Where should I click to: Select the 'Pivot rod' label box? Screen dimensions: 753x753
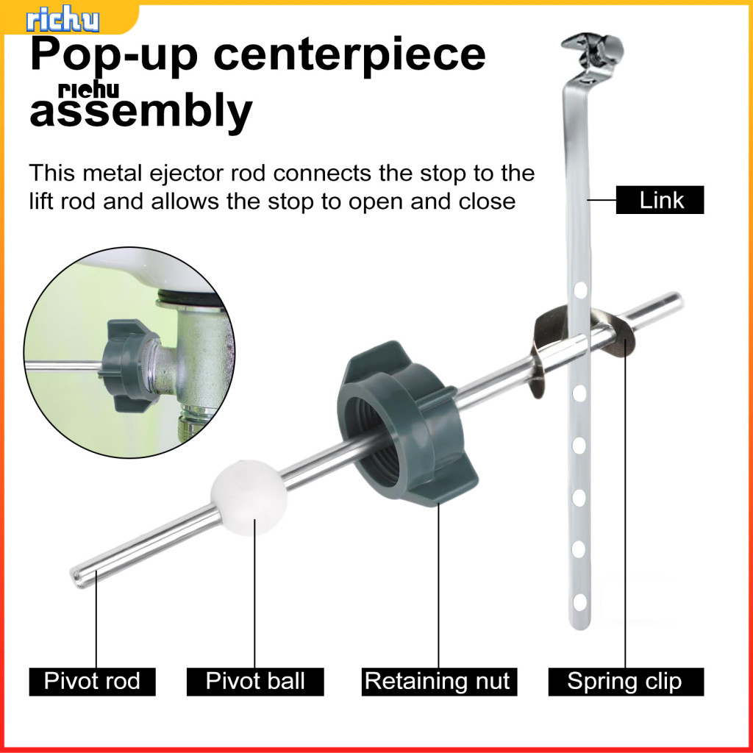(92, 681)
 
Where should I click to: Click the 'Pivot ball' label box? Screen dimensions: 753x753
(255, 681)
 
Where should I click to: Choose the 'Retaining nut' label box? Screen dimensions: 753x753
(438, 681)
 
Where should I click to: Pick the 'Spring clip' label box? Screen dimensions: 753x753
(625, 681)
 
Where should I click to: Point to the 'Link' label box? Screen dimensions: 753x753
(660, 200)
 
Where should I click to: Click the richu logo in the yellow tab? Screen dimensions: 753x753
(63, 19)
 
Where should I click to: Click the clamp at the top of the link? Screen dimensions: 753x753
(593, 50)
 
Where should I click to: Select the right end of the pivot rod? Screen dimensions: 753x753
(675, 300)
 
